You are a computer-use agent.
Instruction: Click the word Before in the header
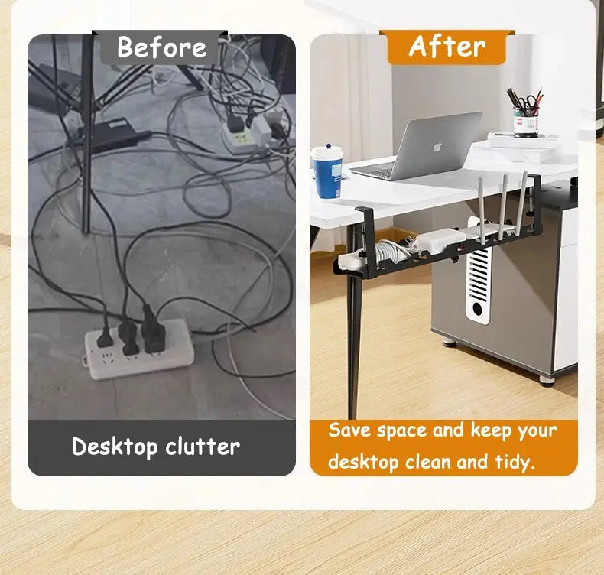pos(161,47)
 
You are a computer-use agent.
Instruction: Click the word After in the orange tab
pos(447,47)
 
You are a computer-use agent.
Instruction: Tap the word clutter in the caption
pos(201,446)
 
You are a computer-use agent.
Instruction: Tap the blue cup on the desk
pos(326,173)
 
